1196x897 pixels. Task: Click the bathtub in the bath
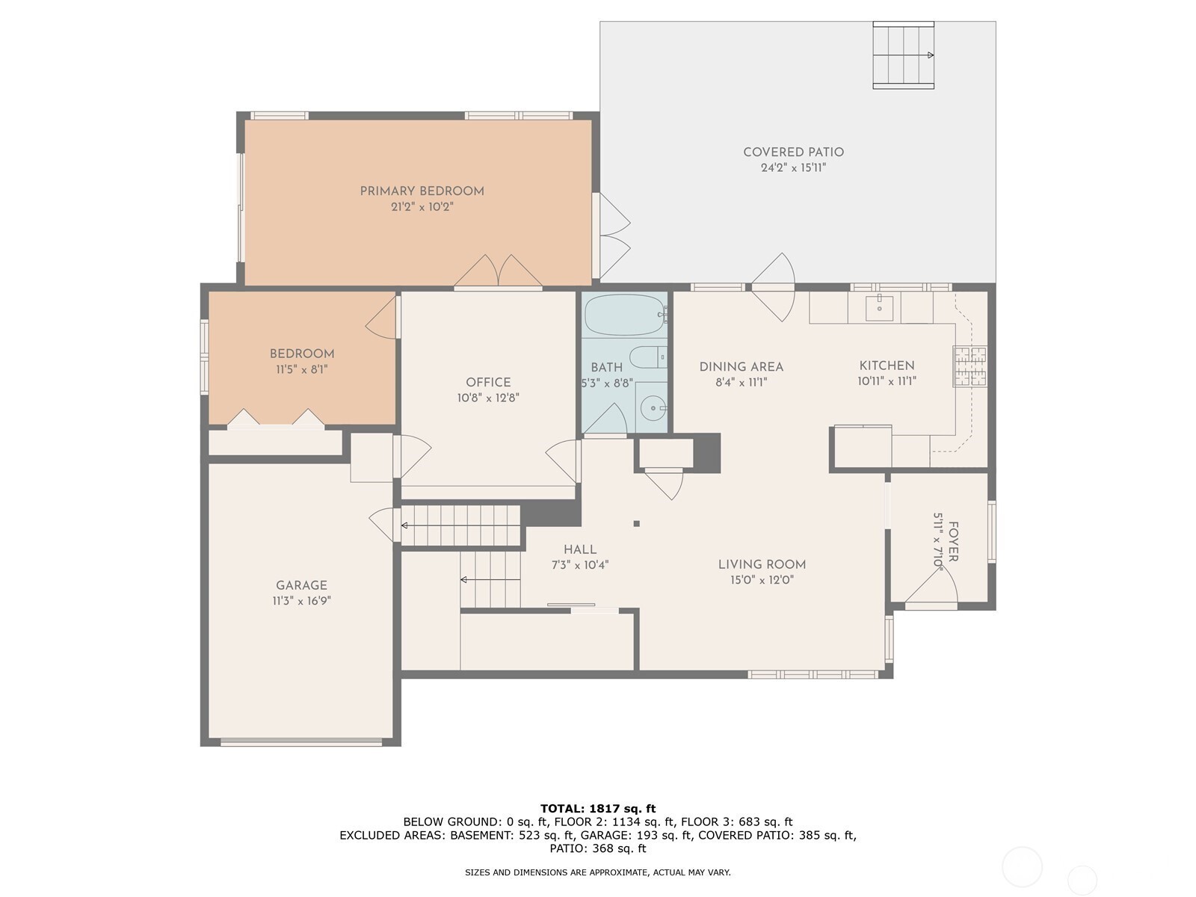coord(624,315)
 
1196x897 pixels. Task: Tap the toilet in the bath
coord(647,357)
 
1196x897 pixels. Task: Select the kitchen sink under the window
coord(880,306)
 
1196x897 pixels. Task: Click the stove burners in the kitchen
coord(970,366)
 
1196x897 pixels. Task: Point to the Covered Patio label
coord(793,152)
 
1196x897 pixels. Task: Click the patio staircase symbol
coord(904,55)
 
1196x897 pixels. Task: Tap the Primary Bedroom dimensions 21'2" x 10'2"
coord(422,207)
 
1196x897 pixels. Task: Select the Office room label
coord(488,382)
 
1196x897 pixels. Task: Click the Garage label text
coord(301,585)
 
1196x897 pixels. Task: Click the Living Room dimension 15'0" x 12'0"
coord(762,580)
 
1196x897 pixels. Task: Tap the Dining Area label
coord(741,366)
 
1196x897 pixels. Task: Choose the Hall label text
coord(580,549)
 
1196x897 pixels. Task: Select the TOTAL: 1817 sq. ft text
coord(597,808)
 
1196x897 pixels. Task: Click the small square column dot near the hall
coord(636,524)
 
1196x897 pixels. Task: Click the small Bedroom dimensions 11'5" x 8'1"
coord(301,369)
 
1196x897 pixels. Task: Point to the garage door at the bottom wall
coord(300,742)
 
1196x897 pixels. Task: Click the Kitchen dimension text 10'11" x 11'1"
coord(887,381)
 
